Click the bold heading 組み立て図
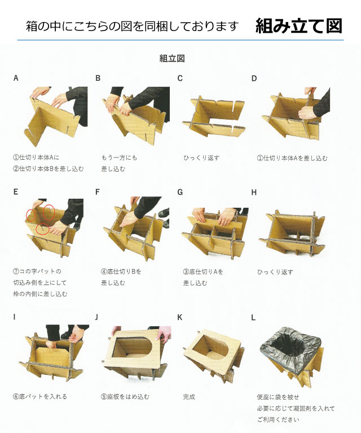click(299, 26)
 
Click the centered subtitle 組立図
click(172, 58)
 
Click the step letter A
click(16, 78)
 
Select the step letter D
click(254, 78)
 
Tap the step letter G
click(180, 192)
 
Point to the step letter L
click(253, 318)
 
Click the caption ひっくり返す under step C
click(201, 158)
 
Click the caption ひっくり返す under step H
click(275, 272)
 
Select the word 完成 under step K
click(189, 397)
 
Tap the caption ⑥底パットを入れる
click(40, 396)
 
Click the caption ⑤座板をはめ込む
click(125, 397)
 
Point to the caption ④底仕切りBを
click(121, 272)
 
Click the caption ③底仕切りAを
click(203, 272)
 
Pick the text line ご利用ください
click(278, 419)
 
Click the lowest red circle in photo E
click(42, 229)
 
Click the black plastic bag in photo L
click(290, 344)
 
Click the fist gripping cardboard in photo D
click(306, 113)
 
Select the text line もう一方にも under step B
click(119, 158)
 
